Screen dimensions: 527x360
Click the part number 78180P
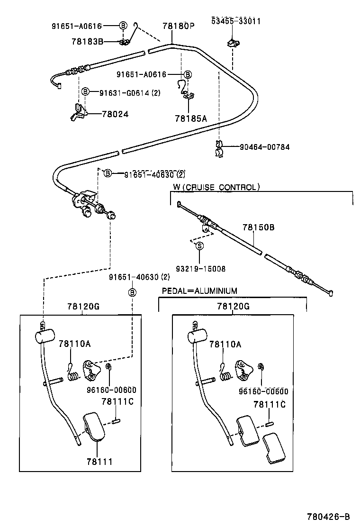[x=179, y=26]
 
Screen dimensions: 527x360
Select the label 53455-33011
[x=235, y=21]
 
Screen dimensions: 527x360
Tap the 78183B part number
[x=87, y=41]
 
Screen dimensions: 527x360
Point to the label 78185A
[x=190, y=118]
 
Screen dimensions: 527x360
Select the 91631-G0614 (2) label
[x=129, y=92]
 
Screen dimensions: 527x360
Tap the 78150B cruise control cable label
[x=258, y=227]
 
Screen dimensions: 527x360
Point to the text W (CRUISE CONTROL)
[x=216, y=187]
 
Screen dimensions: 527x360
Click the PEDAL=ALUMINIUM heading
[x=199, y=291]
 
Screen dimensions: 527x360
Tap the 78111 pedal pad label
[x=99, y=461]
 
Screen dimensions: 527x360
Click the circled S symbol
[x=199, y=245]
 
